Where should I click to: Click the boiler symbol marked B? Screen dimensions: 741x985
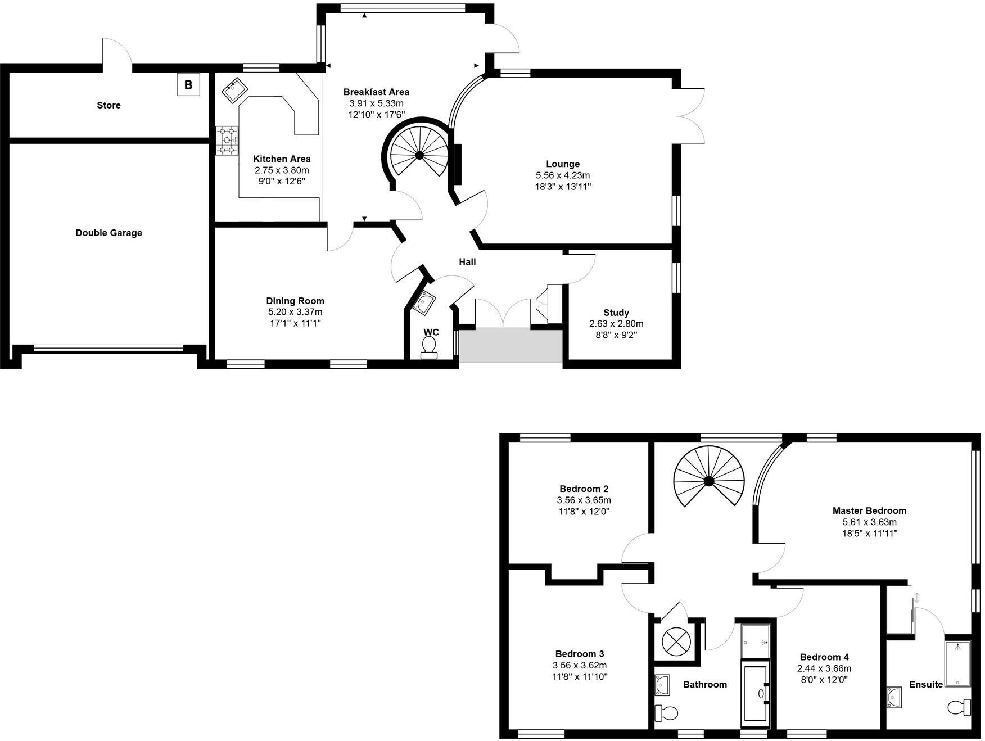[188, 85]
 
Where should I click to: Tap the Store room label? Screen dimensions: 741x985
[109, 105]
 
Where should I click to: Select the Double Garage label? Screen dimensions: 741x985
[109, 233]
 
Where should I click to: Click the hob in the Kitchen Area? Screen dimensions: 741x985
[227, 140]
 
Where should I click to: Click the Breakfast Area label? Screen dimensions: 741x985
[376, 92]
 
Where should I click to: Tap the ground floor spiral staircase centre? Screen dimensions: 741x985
[419, 155]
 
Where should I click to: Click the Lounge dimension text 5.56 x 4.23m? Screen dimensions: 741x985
[563, 175]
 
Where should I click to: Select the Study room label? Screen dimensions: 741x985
[616, 313]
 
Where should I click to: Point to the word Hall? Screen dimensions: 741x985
[467, 261]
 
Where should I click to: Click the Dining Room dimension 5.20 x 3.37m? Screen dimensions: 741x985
[295, 312]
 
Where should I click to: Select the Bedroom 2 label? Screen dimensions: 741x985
[584, 489]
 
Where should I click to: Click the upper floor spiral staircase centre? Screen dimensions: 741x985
[708, 481]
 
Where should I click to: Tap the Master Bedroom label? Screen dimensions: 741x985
[869, 510]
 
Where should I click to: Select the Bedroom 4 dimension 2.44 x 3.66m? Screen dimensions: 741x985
[824, 668]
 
